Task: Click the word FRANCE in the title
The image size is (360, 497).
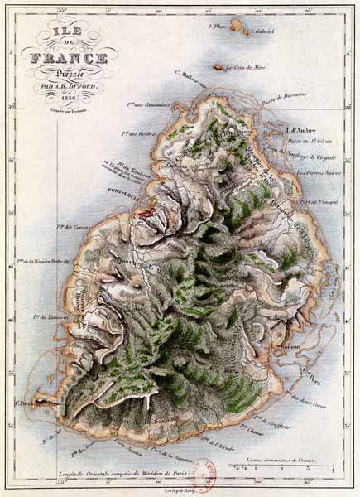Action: pos(69,58)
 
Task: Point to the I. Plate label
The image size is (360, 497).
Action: pos(218,26)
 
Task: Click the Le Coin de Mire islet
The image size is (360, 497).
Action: pos(218,67)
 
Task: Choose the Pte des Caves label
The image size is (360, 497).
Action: pos(73,225)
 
